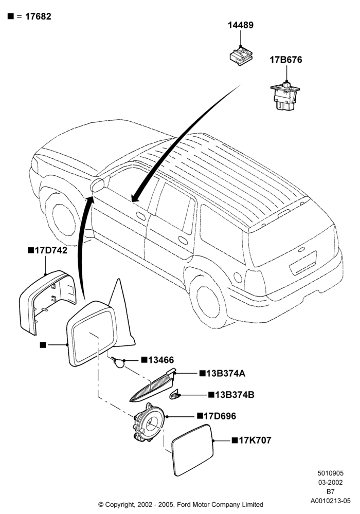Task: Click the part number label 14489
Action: click(x=241, y=25)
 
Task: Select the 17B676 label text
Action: click(x=286, y=60)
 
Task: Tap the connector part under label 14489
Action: click(x=241, y=57)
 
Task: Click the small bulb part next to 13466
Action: click(x=119, y=362)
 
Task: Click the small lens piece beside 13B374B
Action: click(x=175, y=395)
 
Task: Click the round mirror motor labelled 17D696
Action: click(x=149, y=423)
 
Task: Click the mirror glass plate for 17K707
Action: click(x=192, y=450)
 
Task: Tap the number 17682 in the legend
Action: click(x=38, y=16)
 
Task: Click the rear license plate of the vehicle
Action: click(x=303, y=263)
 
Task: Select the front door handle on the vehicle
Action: click(x=141, y=216)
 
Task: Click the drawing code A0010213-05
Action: click(x=331, y=501)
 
